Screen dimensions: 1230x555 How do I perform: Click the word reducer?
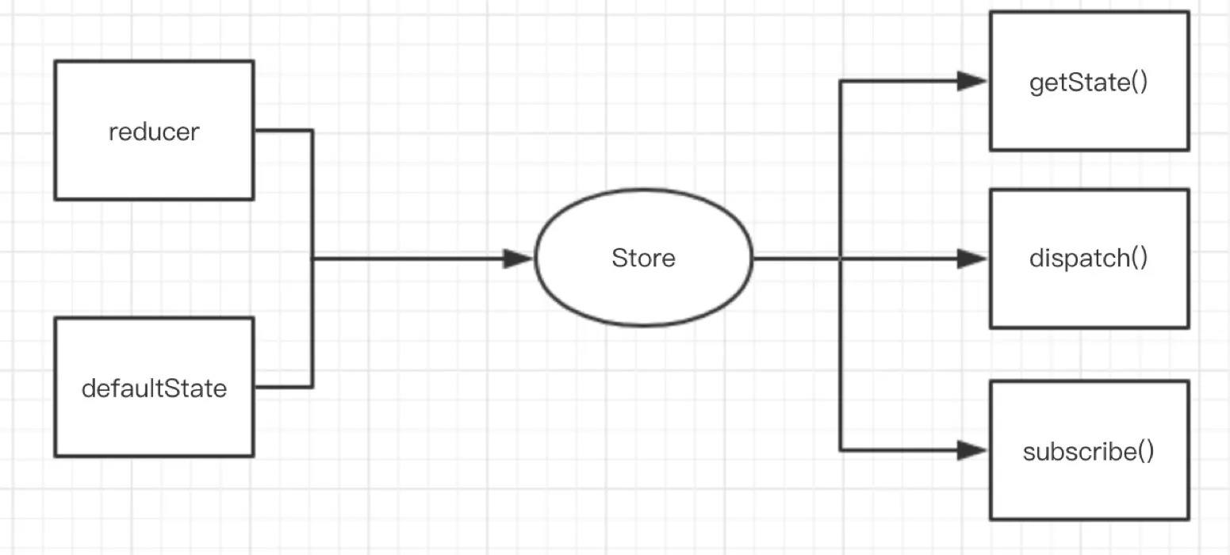pos(154,132)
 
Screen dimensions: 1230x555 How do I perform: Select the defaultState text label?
pos(154,388)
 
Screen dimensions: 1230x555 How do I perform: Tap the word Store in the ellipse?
pos(643,258)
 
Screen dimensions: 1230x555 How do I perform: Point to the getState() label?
pos(1088,82)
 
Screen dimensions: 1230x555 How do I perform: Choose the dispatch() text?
pos(1088,258)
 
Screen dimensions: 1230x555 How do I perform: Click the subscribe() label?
pos(1088,452)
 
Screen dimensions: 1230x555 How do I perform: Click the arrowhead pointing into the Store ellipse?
pos(519,258)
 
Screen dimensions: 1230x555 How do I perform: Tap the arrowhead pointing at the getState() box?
pos(971,81)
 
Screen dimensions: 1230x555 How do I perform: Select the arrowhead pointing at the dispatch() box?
pos(971,258)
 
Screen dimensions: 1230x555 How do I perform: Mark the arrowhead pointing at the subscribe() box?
pos(971,450)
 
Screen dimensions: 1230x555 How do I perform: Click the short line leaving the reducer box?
pos(282,131)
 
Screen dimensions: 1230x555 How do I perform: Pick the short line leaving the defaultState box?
pos(282,387)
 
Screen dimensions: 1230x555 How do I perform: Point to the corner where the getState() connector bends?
pos(841,81)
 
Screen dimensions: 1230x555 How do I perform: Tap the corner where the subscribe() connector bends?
pos(841,450)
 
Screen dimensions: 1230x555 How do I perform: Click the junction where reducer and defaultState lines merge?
pos(312,258)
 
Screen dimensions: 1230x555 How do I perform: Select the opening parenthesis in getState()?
pos(1134,83)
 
